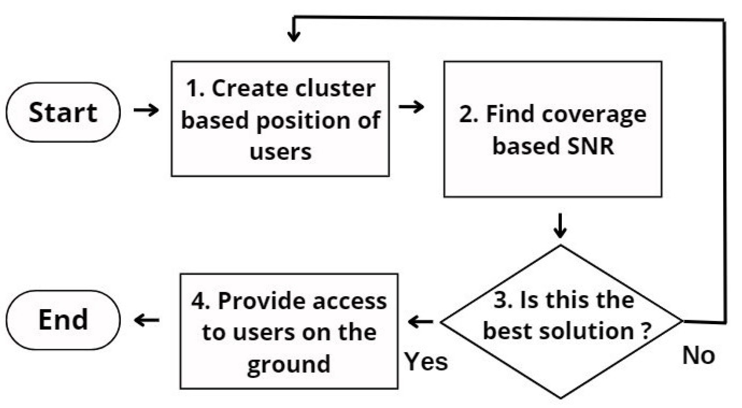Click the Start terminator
coord(63,112)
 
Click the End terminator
coord(63,320)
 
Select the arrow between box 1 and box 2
coord(411,107)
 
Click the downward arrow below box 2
coord(560,226)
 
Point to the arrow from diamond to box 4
coord(420,322)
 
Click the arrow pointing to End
coord(147,320)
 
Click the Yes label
coord(426,362)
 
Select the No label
coord(699,355)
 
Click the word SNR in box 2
coord(591,146)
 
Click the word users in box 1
coord(280,152)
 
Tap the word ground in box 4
coord(289,365)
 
